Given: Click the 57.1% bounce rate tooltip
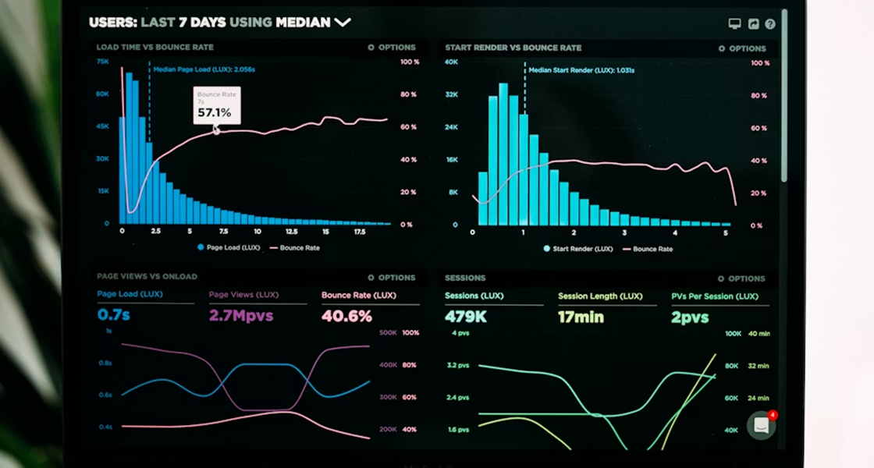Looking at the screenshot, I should [x=215, y=106].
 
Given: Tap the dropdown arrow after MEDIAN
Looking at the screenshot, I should [x=343, y=23].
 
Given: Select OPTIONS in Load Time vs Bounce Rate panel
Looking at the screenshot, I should [x=392, y=48].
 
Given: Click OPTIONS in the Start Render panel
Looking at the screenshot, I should [x=742, y=48].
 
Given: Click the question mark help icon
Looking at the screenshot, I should [x=770, y=24].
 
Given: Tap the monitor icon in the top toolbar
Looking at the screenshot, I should [x=734, y=24].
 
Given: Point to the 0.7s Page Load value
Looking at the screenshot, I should [x=115, y=316].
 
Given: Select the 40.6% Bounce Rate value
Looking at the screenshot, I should [x=346, y=316].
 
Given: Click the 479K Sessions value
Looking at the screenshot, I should [x=466, y=317].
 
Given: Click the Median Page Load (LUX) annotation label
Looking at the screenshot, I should [x=204, y=69].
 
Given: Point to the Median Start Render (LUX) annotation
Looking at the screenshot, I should [x=581, y=70].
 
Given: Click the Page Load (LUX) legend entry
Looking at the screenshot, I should [x=228, y=247].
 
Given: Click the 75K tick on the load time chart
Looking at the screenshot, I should [x=102, y=61].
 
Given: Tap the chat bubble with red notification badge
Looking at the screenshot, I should [x=760, y=425].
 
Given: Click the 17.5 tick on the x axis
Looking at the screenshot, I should [x=360, y=232].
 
